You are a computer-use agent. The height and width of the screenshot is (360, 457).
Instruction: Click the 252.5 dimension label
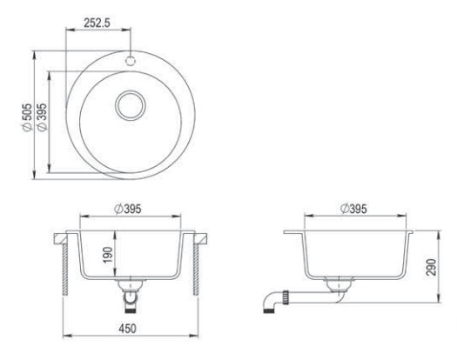click(97, 23)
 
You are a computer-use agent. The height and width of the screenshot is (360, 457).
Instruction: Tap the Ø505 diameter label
click(27, 117)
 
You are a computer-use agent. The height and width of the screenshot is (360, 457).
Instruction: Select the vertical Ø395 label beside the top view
click(42, 117)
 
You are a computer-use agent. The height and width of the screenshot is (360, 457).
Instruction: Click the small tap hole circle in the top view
click(131, 61)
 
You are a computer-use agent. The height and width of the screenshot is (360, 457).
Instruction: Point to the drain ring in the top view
click(131, 105)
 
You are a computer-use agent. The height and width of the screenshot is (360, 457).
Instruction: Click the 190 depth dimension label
click(108, 255)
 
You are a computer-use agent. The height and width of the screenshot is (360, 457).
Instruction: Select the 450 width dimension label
click(127, 329)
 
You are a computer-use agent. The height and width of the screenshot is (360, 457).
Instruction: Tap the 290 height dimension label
click(432, 267)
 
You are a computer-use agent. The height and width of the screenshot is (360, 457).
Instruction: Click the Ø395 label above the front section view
click(128, 209)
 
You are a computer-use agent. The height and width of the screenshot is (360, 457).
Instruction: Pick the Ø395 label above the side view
click(353, 209)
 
